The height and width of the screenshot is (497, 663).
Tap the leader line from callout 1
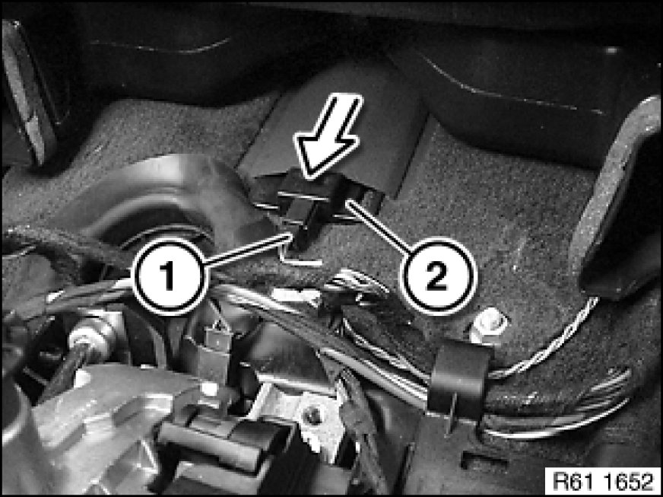click(x=247, y=250)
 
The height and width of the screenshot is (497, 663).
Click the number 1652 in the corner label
click(x=627, y=481)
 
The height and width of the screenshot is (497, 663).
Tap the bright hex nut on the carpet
click(x=487, y=324)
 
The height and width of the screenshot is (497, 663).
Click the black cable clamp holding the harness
click(x=458, y=379)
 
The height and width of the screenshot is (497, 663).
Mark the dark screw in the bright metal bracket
click(x=313, y=416)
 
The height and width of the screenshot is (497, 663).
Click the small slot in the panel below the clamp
click(x=484, y=460)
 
